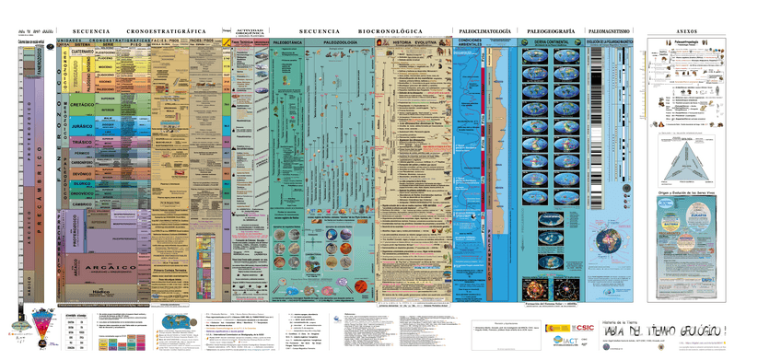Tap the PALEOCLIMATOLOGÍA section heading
[x=484, y=30]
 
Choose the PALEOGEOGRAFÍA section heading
[x=547, y=30]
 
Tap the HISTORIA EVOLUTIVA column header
[x=414, y=43]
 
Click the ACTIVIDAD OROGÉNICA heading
[x=250, y=30]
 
